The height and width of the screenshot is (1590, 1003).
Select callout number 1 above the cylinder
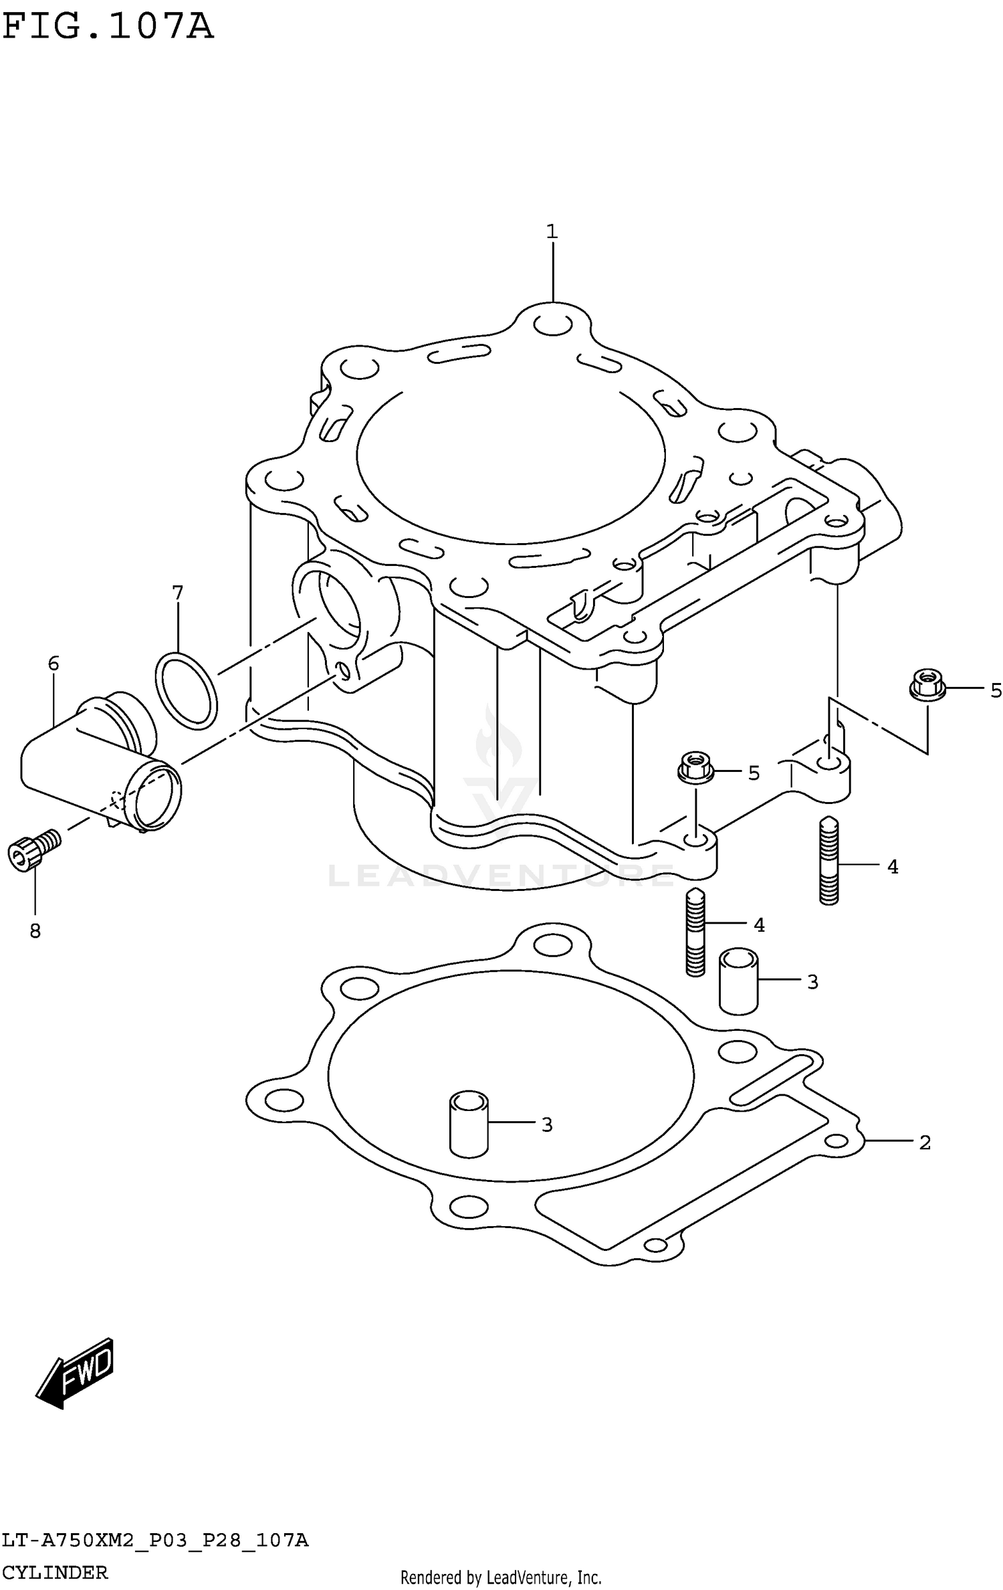552,232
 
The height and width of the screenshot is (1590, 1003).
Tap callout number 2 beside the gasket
925,1142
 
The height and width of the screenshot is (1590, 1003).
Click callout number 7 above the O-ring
177,593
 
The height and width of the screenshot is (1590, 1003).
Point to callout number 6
53,664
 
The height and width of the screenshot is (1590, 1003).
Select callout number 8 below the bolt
35,930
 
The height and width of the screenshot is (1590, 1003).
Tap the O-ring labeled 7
186,690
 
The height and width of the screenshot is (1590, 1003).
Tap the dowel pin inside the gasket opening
468,1124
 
